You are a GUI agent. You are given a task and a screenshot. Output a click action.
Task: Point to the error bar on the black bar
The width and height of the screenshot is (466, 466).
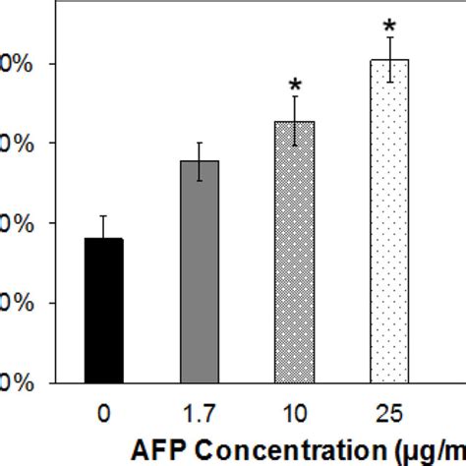tap(104, 227)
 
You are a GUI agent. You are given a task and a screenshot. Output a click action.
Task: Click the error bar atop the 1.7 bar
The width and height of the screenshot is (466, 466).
tap(200, 160)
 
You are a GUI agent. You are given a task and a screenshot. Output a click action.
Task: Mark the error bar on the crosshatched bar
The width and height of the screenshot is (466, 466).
tap(295, 120)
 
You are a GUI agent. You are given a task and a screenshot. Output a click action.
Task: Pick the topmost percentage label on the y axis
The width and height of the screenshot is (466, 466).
tap(18, 65)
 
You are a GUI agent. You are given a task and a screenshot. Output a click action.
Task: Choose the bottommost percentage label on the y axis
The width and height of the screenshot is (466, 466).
tap(18, 382)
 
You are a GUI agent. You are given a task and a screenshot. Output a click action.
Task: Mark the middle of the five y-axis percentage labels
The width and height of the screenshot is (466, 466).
tap(18, 223)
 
